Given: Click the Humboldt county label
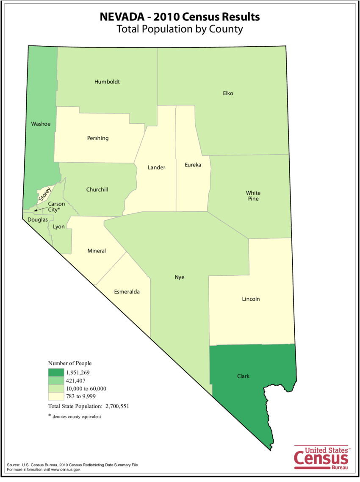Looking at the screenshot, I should pyautogui.click(x=107, y=82).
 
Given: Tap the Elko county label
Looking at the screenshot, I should pyautogui.click(x=228, y=93).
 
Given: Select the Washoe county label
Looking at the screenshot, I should pyautogui.click(x=41, y=124).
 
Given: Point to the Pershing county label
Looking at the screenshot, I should pyautogui.click(x=98, y=138).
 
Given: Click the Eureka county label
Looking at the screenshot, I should pyautogui.click(x=193, y=164).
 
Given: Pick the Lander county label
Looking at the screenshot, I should pyautogui.click(x=156, y=167).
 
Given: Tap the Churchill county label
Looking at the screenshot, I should pyautogui.click(x=97, y=189).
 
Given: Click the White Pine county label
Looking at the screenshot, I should pyautogui.click(x=253, y=196).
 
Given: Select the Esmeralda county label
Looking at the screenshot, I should pyautogui.click(x=127, y=292).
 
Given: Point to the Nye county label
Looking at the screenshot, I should pyautogui.click(x=180, y=277).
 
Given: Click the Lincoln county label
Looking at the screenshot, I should pyautogui.click(x=251, y=299).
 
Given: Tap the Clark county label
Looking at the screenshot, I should pyautogui.click(x=243, y=376).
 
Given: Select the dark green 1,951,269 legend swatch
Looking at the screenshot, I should pyautogui.click(x=55, y=373).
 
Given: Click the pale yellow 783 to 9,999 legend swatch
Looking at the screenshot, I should pyautogui.click(x=55, y=396).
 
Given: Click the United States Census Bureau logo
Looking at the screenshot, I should pyautogui.click(x=321, y=458).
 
